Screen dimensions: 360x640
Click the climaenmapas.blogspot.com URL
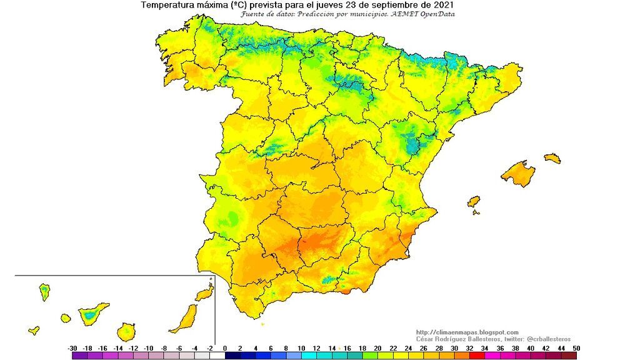click(x=467, y=332)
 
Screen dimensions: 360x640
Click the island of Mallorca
click(x=518, y=173)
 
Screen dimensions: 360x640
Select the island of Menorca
click(x=552, y=158)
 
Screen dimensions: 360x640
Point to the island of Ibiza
click(x=474, y=201)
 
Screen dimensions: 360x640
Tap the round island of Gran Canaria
click(x=126, y=331)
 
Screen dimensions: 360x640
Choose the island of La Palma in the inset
click(x=44, y=291)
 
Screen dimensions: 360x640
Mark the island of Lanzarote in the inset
click(x=204, y=294)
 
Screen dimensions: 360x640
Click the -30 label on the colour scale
click(x=73, y=347)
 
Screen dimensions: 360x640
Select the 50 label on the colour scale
click(x=575, y=347)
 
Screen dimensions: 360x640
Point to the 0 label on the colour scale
click(x=225, y=347)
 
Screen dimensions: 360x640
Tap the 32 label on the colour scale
click(x=469, y=347)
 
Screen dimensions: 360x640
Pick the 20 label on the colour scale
click(x=377, y=347)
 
